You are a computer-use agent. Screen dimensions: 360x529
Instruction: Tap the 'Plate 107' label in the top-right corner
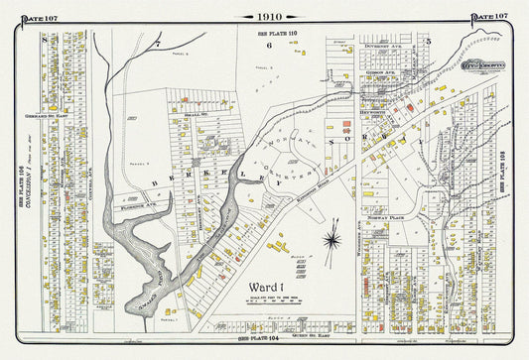click(489, 16)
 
